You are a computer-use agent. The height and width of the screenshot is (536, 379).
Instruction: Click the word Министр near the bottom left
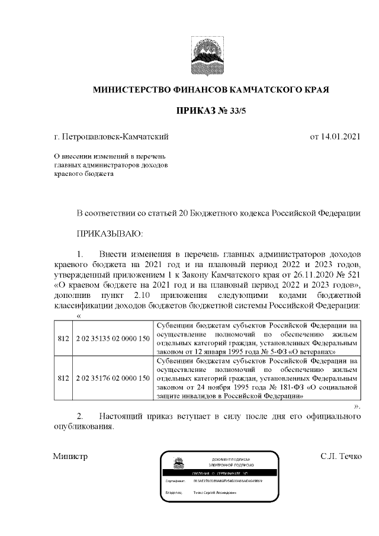coord(70,457)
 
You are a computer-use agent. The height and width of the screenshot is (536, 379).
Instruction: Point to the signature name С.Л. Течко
coord(341,457)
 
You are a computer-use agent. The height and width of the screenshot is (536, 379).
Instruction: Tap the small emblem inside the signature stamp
coord(176,463)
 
